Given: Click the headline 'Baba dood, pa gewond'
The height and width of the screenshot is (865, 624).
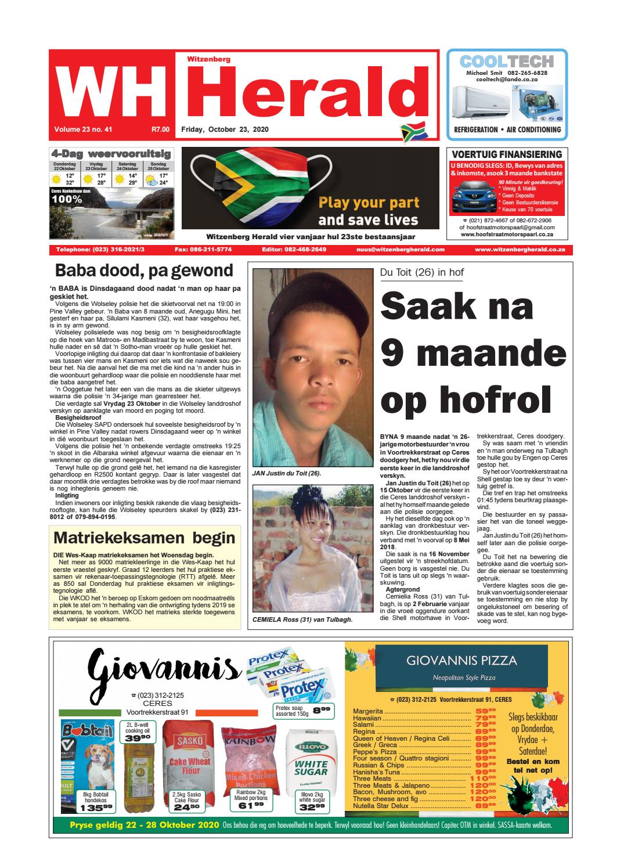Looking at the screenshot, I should click(x=143, y=271).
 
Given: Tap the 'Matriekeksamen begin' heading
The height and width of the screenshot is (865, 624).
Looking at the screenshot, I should click(x=144, y=538).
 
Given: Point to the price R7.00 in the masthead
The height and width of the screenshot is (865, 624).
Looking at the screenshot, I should click(x=160, y=129).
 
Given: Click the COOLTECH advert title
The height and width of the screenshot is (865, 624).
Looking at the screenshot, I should click(x=506, y=62).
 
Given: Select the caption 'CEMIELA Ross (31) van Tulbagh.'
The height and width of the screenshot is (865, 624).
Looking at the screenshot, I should click(x=302, y=619).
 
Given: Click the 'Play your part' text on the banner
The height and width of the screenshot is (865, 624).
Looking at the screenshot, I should click(x=368, y=203).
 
